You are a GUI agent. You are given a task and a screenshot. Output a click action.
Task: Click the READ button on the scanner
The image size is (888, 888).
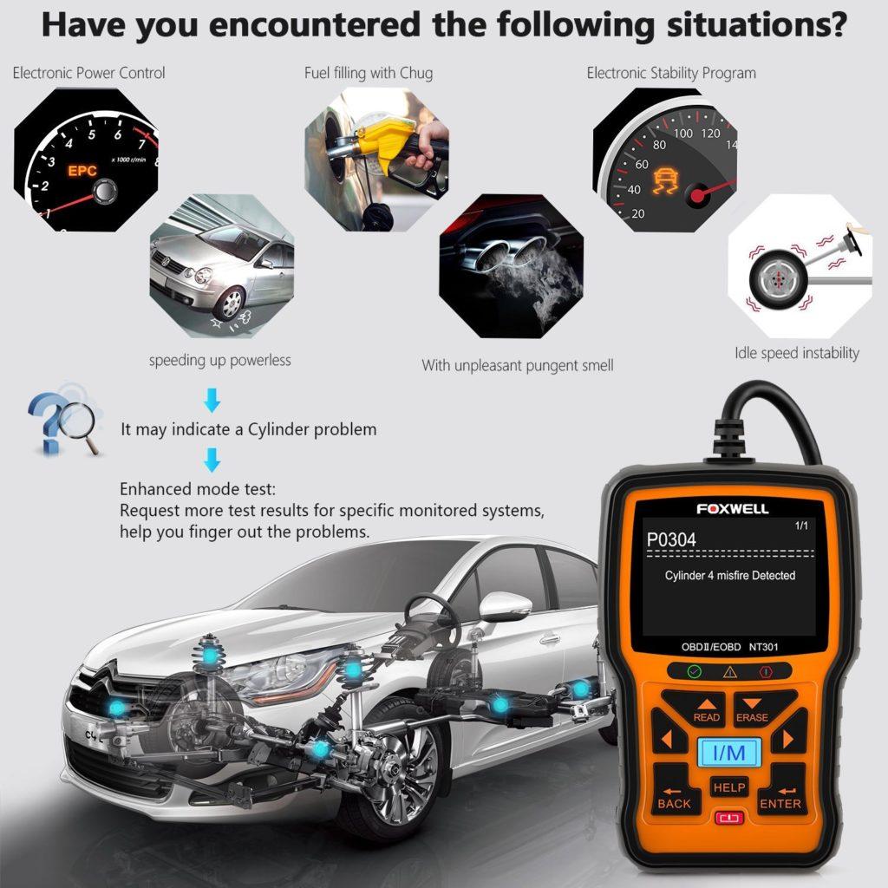705,709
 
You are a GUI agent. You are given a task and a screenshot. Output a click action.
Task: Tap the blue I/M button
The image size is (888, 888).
728,752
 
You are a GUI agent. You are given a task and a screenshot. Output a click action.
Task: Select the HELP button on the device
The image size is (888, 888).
728,787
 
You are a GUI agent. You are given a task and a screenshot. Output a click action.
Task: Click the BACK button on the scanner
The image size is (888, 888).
674,797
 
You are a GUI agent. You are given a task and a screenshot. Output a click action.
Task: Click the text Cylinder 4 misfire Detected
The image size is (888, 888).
729,576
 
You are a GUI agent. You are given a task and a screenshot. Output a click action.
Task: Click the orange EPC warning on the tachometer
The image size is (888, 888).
82,171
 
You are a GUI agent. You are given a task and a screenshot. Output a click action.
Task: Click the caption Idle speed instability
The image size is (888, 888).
796,353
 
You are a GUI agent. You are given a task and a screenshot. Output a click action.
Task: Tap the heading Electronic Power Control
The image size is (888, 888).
88,73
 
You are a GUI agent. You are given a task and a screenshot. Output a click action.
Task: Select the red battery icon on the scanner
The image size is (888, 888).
728,818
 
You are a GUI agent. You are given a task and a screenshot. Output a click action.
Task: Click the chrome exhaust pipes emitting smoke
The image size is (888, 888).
493,253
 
